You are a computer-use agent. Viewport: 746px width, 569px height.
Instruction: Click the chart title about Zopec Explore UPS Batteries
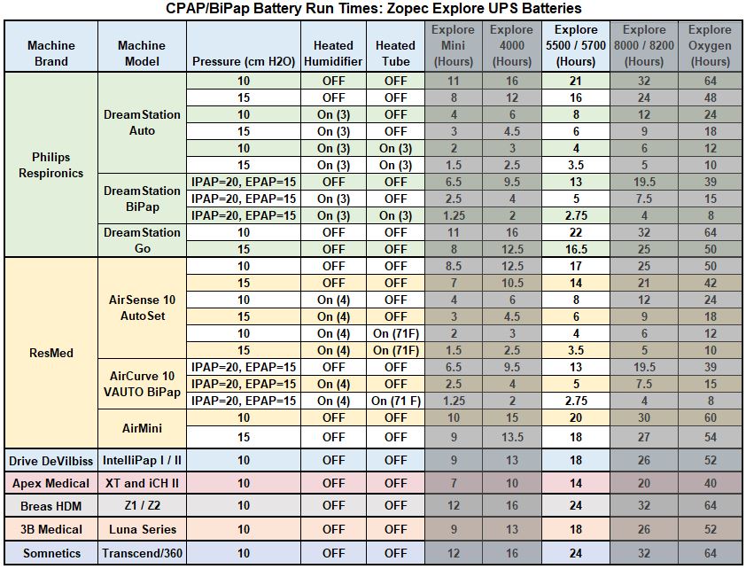tap(373, 9)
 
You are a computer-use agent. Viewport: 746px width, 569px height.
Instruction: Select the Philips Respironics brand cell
tap(51, 165)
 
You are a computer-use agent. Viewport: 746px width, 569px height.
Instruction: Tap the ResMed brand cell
tap(51, 353)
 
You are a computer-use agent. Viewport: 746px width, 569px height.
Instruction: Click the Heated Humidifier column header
tap(333, 53)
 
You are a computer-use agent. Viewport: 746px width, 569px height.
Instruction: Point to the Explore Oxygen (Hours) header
tap(710, 46)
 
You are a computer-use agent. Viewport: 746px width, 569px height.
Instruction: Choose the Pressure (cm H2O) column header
tap(243, 61)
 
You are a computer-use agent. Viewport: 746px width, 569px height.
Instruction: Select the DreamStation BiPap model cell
tap(141, 199)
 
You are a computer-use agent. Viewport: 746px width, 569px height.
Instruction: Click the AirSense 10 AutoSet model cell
tap(141, 308)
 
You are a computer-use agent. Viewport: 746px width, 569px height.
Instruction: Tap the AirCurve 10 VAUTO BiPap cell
tap(141, 384)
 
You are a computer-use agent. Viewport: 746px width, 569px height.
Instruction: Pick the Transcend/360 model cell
tap(141, 553)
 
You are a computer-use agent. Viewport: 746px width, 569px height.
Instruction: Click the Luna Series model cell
tap(141, 529)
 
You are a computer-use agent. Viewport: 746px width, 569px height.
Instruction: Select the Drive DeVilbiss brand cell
tap(51, 461)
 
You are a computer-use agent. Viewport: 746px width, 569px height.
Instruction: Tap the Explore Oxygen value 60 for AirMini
tap(710, 417)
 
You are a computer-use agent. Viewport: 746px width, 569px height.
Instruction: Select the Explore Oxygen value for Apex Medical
tap(710, 483)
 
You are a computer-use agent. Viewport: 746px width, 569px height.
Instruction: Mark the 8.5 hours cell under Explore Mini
tap(453, 266)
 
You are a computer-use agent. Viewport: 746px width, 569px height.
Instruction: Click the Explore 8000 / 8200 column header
tap(643, 46)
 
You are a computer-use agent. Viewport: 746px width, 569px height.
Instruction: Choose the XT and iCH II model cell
tap(141, 483)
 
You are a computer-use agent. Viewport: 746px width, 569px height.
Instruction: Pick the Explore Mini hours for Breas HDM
tap(453, 506)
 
